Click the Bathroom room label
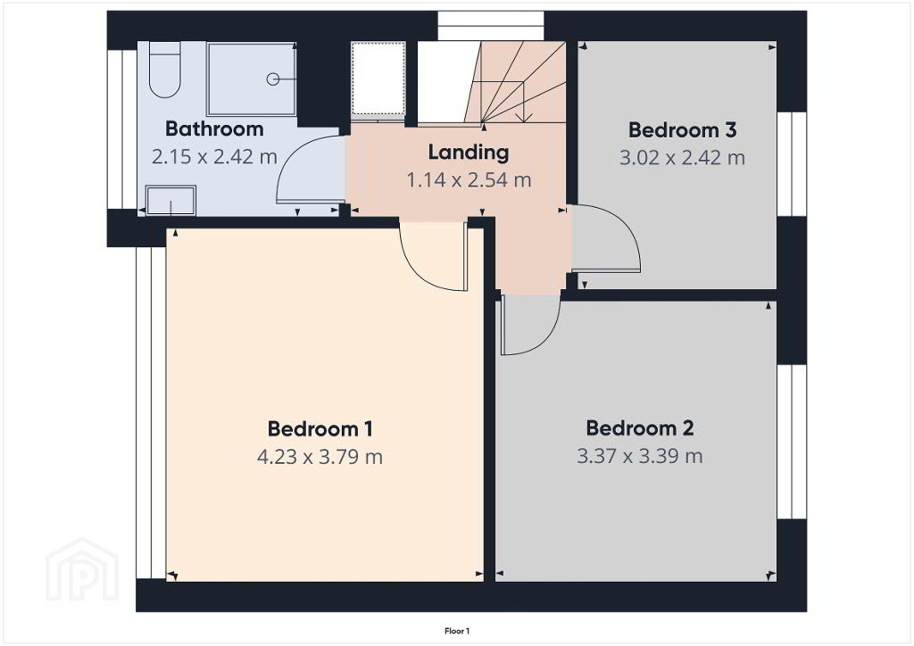coord(214,128)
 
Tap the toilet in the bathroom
coord(164,70)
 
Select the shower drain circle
coord(273,79)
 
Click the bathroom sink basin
coord(170,201)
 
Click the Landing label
coord(468,152)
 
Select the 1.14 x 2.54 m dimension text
coord(469,180)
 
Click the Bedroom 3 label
coord(682,130)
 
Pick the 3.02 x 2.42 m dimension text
coord(682,158)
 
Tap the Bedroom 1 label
coord(320,428)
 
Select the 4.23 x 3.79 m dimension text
coord(320,457)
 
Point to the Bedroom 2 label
coord(639,428)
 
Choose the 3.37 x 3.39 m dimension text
coord(639,456)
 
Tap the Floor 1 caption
coord(457,631)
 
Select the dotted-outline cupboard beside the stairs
coord(378,79)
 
